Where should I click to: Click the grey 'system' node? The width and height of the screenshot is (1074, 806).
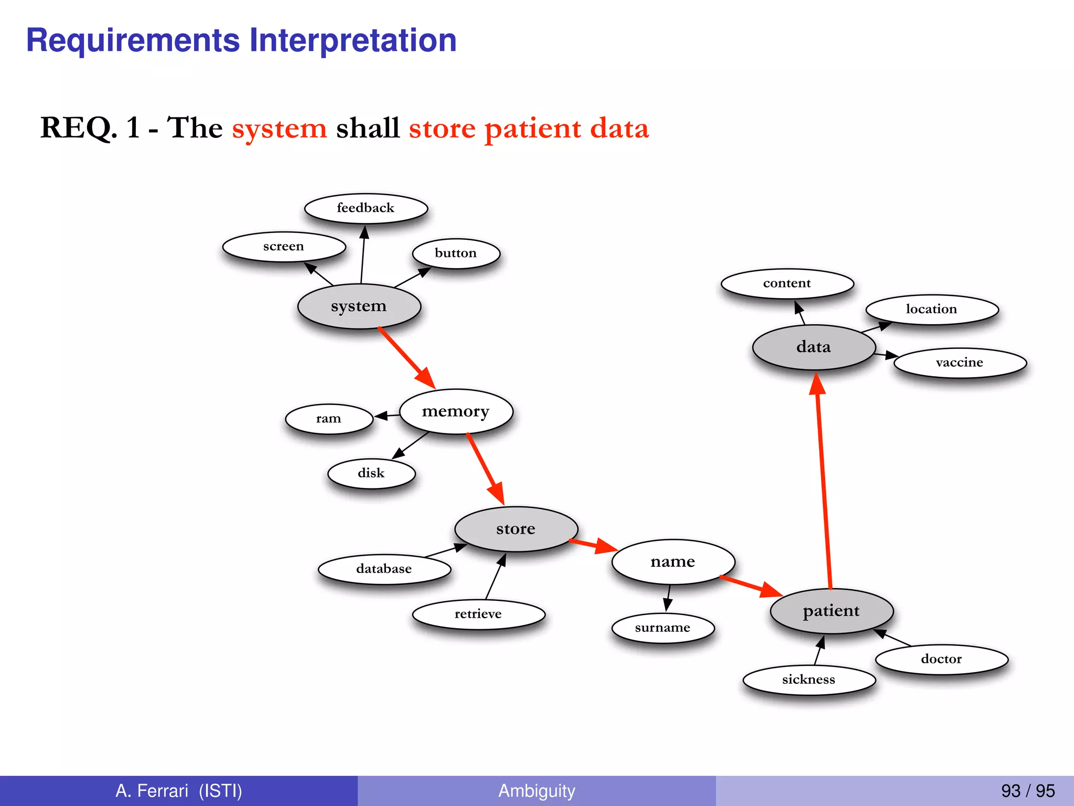coord(359,306)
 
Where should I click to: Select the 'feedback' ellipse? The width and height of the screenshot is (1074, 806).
coord(366,208)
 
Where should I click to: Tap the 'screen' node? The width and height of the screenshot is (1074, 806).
coord(284,247)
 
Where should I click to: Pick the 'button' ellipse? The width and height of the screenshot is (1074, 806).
coord(456,253)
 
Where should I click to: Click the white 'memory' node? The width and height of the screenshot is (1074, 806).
coord(456,411)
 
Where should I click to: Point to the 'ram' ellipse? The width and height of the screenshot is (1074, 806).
coord(329,419)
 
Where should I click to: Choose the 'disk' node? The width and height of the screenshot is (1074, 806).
coord(371,473)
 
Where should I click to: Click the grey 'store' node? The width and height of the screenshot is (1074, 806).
coord(516,529)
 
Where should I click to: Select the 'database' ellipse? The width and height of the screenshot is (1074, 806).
coord(384,569)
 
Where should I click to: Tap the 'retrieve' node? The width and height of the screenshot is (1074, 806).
coord(478,614)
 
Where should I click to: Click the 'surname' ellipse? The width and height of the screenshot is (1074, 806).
coord(663,628)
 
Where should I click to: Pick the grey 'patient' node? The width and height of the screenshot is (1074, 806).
coord(831,611)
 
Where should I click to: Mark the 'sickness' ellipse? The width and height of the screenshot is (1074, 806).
coord(809,680)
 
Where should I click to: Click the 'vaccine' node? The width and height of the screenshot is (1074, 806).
coord(960,363)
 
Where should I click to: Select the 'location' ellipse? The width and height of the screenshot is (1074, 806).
coord(931,310)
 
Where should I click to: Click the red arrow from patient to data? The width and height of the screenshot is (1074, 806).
coord(824,488)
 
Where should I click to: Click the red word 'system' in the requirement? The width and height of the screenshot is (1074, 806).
coord(280,128)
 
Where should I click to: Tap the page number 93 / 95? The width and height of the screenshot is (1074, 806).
coord(1027,791)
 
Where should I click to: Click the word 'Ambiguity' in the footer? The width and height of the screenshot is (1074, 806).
coord(536,791)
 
